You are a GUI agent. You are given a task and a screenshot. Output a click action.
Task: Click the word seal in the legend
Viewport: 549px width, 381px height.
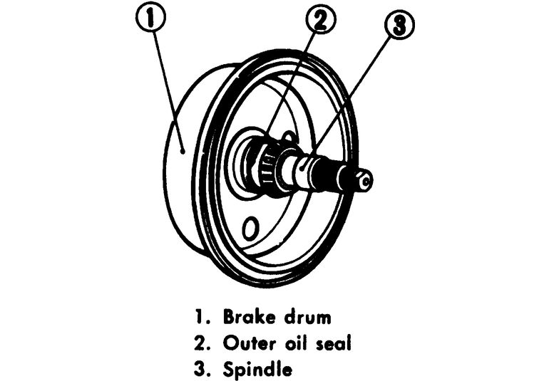click(x=334, y=343)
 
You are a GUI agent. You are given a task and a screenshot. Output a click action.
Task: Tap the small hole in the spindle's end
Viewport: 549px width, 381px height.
click(x=365, y=182)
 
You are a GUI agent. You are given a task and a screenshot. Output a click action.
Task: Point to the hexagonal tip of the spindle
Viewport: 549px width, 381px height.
click(x=361, y=181)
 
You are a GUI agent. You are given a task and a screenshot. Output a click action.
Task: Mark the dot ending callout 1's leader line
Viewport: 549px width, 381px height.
click(x=183, y=150)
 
